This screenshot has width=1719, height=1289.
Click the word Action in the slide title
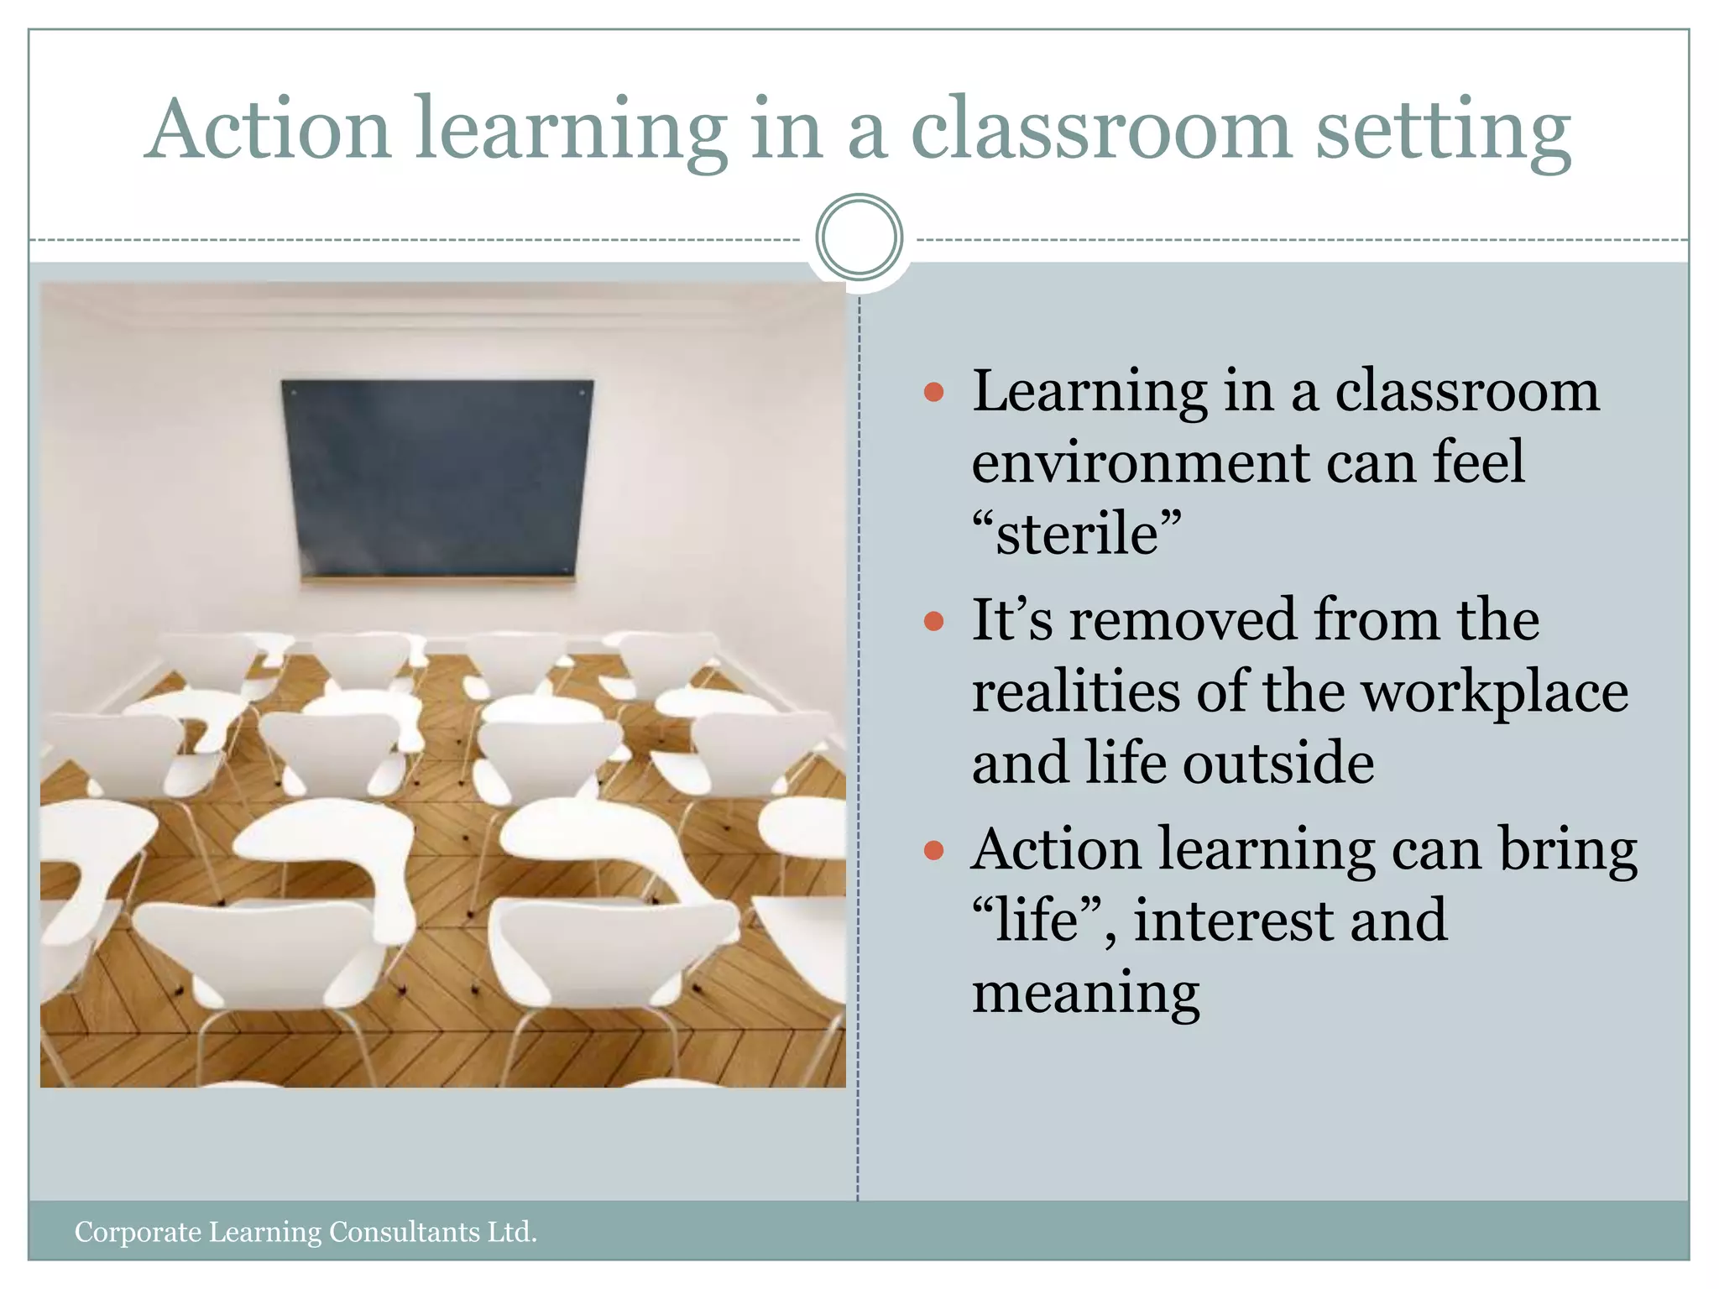(267, 129)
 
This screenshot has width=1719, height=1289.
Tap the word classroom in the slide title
(1100, 129)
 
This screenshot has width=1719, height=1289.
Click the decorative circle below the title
(859, 237)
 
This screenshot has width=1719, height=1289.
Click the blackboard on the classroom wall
(436, 478)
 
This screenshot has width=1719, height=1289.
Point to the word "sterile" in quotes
(1077, 534)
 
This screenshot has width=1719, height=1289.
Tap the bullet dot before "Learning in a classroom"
(933, 392)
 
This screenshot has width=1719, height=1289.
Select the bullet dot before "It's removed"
(933, 621)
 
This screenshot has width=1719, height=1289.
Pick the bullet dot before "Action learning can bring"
(933, 851)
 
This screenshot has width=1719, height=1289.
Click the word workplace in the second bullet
(1494, 693)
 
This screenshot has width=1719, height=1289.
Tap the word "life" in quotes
(1036, 921)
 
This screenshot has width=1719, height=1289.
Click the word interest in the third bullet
(1234, 921)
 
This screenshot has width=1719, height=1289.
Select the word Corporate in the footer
(138, 1232)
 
